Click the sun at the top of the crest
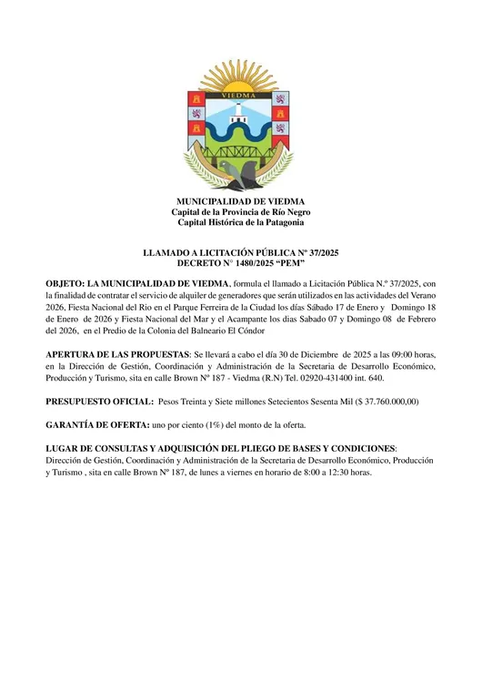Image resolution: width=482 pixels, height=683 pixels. point(241,78)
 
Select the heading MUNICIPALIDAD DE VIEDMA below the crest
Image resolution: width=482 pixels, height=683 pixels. point(241,201)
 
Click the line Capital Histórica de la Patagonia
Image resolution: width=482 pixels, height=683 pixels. point(241,222)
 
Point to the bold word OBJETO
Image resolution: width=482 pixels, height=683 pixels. point(64,284)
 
